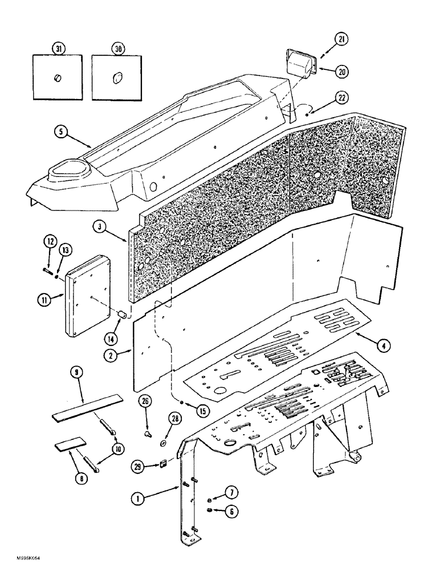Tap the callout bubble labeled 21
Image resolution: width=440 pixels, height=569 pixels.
click(x=325, y=39)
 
